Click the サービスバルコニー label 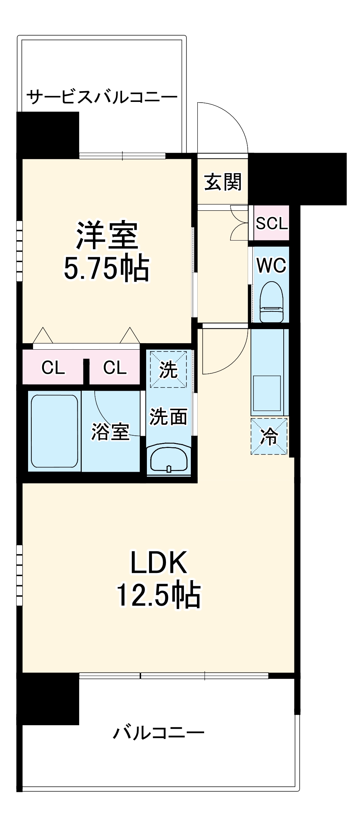(102, 97)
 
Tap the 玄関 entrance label (223, 182)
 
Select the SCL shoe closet (271, 223)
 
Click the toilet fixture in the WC (272, 302)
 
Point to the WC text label (271, 266)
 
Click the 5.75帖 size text (107, 269)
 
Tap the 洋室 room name (107, 236)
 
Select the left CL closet (53, 368)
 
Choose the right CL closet (115, 368)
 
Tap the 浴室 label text (110, 431)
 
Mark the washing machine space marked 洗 (168, 369)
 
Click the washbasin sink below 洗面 (168, 459)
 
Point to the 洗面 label (168, 417)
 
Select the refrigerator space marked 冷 (269, 436)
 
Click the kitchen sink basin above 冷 (267, 393)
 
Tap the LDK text (158, 563)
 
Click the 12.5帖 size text (158, 595)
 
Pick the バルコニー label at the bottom (158, 732)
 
